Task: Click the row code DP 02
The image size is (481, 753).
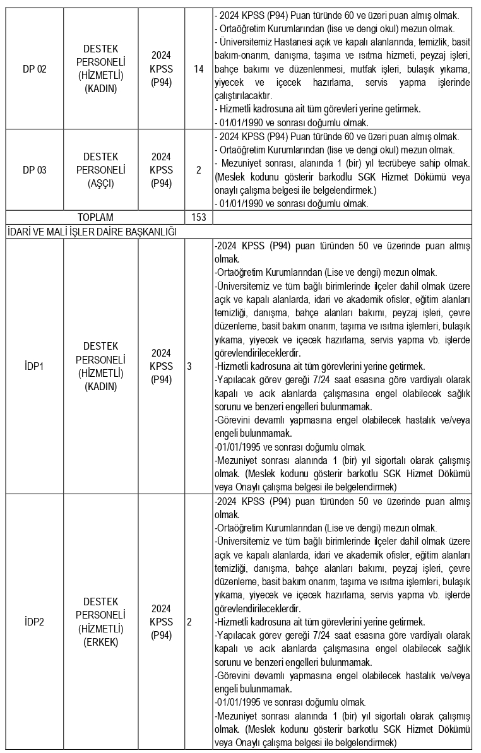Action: [35, 69]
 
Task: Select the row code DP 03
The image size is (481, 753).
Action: [35, 170]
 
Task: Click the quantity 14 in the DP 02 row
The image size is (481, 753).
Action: [199, 69]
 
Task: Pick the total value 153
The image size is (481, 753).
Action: [199, 217]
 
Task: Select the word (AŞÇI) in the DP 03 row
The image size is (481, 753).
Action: [101, 183]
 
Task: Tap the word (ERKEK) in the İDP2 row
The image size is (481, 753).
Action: [101, 643]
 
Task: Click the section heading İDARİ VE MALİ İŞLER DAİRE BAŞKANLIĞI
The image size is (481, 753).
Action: [91, 231]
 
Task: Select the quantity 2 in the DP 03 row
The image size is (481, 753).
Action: [199, 170]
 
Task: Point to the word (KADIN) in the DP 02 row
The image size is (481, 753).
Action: [101, 89]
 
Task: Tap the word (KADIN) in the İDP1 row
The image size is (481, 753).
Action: [101, 386]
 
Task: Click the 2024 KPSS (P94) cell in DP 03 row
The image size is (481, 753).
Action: [162, 170]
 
